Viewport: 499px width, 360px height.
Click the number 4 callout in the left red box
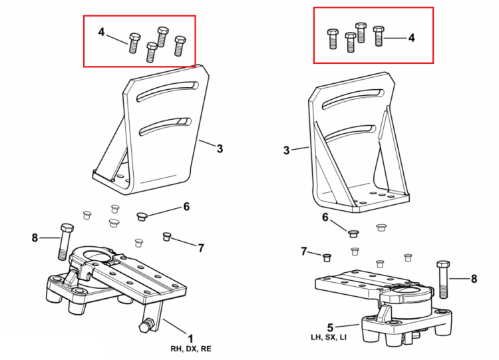pyautogui.click(x=101, y=32)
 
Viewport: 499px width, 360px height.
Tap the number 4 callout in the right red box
pyautogui.click(x=411, y=38)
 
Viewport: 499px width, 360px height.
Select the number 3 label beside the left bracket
pyautogui.click(x=220, y=148)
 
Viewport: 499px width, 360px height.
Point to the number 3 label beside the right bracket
pyautogui.click(x=286, y=150)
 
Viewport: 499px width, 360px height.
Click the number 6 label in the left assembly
pyautogui.click(x=186, y=206)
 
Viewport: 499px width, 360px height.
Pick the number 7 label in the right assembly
pyautogui.click(x=304, y=252)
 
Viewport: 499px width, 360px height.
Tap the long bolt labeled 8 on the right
pyautogui.click(x=443, y=279)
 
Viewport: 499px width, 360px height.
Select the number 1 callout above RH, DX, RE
pyautogui.click(x=191, y=339)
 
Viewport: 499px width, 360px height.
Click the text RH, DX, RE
pyautogui.click(x=191, y=349)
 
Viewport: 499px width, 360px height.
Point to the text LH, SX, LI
pyautogui.click(x=329, y=337)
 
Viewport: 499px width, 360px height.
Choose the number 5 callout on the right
pyautogui.click(x=330, y=327)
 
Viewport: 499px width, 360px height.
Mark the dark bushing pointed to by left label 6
pyautogui.click(x=142, y=217)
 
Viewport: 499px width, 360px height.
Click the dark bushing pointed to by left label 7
pyautogui.click(x=167, y=237)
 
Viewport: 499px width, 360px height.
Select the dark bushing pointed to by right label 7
pyautogui.click(x=327, y=258)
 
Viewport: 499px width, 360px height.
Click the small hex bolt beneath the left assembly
pyautogui.click(x=146, y=326)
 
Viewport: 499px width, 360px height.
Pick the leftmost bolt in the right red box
pyautogui.click(x=333, y=39)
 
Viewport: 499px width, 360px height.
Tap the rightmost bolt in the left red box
pyautogui.click(x=180, y=46)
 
